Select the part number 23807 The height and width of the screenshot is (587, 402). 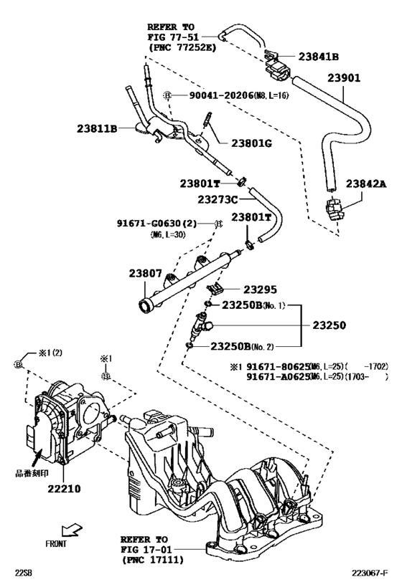tap(149, 274)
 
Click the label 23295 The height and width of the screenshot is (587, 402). tap(259, 290)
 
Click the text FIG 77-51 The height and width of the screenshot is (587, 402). tap(171, 37)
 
